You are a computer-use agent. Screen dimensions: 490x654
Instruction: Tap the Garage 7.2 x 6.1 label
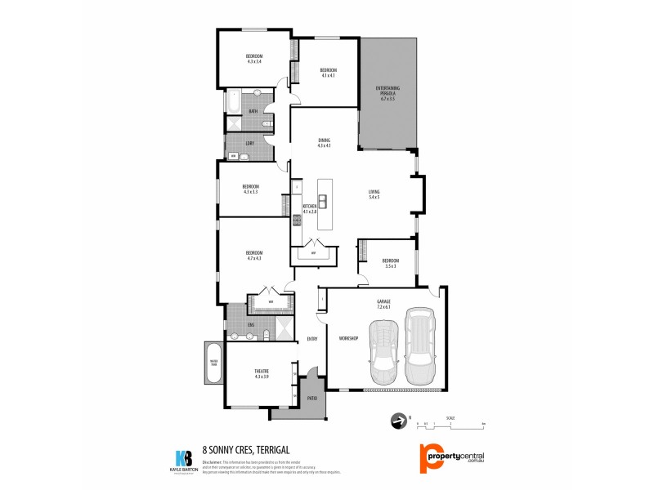click(383, 305)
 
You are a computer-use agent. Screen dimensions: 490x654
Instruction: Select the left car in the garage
click(383, 352)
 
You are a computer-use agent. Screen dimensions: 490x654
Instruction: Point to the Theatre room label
click(262, 373)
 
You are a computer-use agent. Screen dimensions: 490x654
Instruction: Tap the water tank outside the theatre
click(213, 364)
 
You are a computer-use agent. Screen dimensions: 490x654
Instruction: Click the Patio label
click(311, 399)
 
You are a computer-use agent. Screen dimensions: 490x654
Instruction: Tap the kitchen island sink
click(323, 202)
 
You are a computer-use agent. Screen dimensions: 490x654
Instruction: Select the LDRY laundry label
click(249, 144)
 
